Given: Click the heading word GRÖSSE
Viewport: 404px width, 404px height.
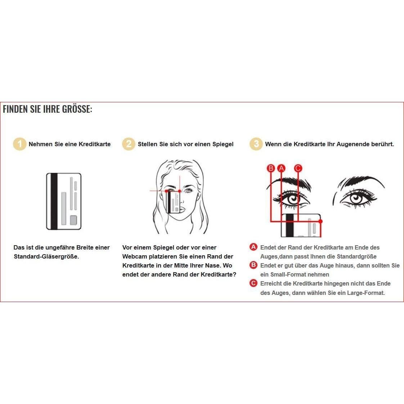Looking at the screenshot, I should [77, 109].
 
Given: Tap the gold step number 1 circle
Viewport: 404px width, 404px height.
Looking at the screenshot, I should [20, 144].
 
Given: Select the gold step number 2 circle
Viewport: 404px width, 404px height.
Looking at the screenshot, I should [129, 144].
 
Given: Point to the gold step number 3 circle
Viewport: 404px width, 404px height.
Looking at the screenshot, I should [256, 144].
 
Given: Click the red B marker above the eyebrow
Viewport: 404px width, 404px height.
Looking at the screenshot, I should [271, 168].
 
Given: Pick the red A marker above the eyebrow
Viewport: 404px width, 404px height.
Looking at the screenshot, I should [281, 168].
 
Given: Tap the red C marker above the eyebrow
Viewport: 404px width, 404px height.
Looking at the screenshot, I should [298, 168].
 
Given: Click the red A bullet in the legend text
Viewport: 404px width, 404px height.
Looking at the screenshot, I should [254, 247].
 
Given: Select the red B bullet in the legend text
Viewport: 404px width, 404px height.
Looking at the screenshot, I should [254, 265].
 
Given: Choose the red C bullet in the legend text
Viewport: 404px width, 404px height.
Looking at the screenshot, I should [254, 283].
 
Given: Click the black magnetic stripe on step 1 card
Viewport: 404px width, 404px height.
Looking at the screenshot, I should [54, 201].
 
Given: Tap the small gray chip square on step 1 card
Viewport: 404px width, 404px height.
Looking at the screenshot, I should [73, 220].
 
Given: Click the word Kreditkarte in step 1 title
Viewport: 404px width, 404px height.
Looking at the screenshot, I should [95, 144].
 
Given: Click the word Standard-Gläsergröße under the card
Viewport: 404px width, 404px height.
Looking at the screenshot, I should [46, 257].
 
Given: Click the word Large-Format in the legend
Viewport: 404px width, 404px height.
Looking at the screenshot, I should [365, 293].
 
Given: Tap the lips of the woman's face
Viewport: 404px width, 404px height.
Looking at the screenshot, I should [182, 210].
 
